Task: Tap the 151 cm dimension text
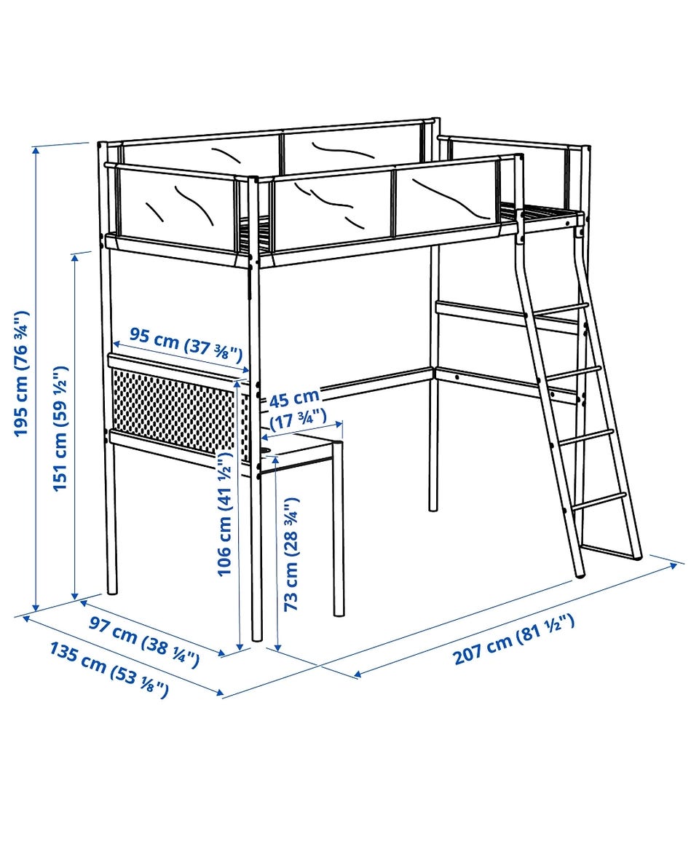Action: [60, 428]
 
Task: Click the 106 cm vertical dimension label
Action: [224, 514]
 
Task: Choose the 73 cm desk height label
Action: [291, 554]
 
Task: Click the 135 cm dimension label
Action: [109, 669]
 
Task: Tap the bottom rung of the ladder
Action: [599, 500]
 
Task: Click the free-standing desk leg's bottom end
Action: [339, 614]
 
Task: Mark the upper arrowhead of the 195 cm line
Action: [36, 150]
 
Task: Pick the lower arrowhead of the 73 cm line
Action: [277, 647]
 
